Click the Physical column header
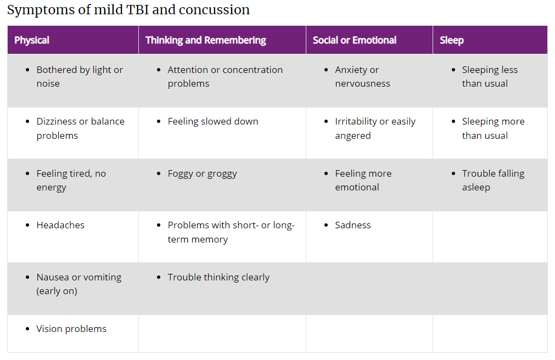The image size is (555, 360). pyautogui.click(x=32, y=40)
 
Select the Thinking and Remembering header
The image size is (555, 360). pyautogui.click(x=205, y=40)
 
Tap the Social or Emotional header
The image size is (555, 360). pyautogui.click(x=354, y=40)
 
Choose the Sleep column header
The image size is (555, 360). pyautogui.click(x=451, y=40)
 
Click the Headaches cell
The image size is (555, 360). pyautogui.click(x=60, y=225)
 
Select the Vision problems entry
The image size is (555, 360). pyautogui.click(x=71, y=329)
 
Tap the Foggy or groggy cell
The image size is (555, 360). pyautogui.click(x=202, y=173)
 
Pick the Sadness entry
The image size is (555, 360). pyautogui.click(x=352, y=225)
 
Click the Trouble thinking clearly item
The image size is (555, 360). pyautogui.click(x=218, y=277)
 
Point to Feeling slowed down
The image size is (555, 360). pyautogui.click(x=212, y=121)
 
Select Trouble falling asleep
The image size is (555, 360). pyautogui.click(x=492, y=180)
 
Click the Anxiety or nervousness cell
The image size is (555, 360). pyautogui.click(x=362, y=76)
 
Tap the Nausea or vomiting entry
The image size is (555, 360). pyautogui.click(x=79, y=284)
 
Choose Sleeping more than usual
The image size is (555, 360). pyautogui.click(x=492, y=128)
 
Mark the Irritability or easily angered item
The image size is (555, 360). pyautogui.click(x=375, y=128)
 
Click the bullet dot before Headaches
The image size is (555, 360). pyautogui.click(x=28, y=226)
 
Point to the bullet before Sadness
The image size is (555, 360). pyautogui.click(x=327, y=226)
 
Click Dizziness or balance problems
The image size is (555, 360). pyautogui.click(x=80, y=128)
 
